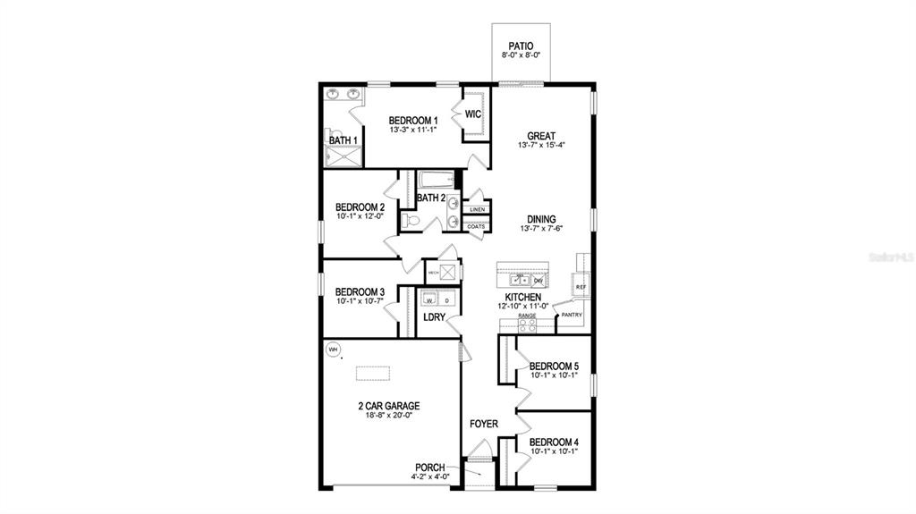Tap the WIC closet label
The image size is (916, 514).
coord(473,114)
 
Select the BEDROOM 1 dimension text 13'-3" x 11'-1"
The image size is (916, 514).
coord(412,131)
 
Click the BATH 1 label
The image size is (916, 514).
coord(343,140)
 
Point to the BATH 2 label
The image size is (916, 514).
coord(431,198)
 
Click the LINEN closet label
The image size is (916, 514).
coord(477,209)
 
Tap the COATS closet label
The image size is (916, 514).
coord(476,227)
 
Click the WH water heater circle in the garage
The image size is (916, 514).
coord(334,349)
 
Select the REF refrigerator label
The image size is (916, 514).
coord(581,286)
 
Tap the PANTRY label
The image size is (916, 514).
coord(572,315)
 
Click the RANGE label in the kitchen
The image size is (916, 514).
coord(527,316)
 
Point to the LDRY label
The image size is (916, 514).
coord(435,317)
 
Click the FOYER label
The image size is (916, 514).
coord(484,424)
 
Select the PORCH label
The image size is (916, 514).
coord(430,467)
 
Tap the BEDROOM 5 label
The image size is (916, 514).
coord(554,366)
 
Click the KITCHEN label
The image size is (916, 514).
coord(522,297)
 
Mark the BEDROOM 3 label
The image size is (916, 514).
coord(360,291)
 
